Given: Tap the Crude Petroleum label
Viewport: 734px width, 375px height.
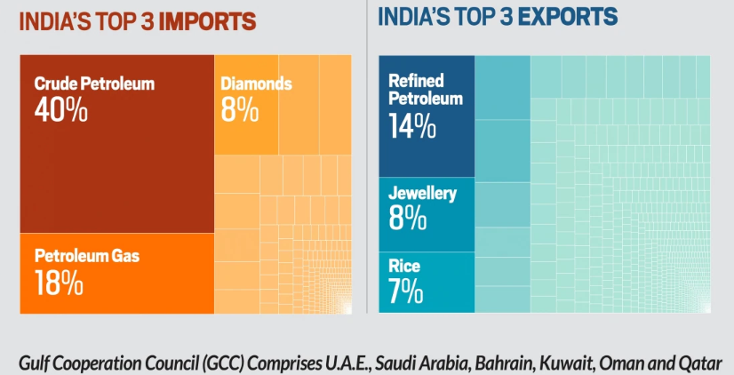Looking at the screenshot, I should pyautogui.click(x=94, y=84).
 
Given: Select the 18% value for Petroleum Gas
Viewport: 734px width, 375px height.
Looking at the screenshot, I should pyautogui.click(x=59, y=283).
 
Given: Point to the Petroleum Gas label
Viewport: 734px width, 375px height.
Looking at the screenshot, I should pyautogui.click(x=87, y=257).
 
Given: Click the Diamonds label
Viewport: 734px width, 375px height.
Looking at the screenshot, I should pyautogui.click(x=256, y=84).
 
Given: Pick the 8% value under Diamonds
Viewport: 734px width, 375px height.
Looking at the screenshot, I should pyautogui.click(x=240, y=109).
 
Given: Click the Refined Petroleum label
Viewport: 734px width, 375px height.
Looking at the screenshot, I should pyautogui.click(x=426, y=90).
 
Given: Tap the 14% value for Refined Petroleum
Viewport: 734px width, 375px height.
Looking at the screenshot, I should pyautogui.click(x=412, y=126).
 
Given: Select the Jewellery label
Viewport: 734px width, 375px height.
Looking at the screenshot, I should pyautogui.click(x=422, y=193).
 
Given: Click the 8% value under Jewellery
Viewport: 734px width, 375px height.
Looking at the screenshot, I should pyautogui.click(x=408, y=218).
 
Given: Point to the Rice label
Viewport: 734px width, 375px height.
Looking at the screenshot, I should pyautogui.click(x=404, y=266).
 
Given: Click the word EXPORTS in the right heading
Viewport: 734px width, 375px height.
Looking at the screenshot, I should pyautogui.click(x=562, y=16).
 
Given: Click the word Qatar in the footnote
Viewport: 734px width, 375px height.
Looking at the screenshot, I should pyautogui.click(x=701, y=363).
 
